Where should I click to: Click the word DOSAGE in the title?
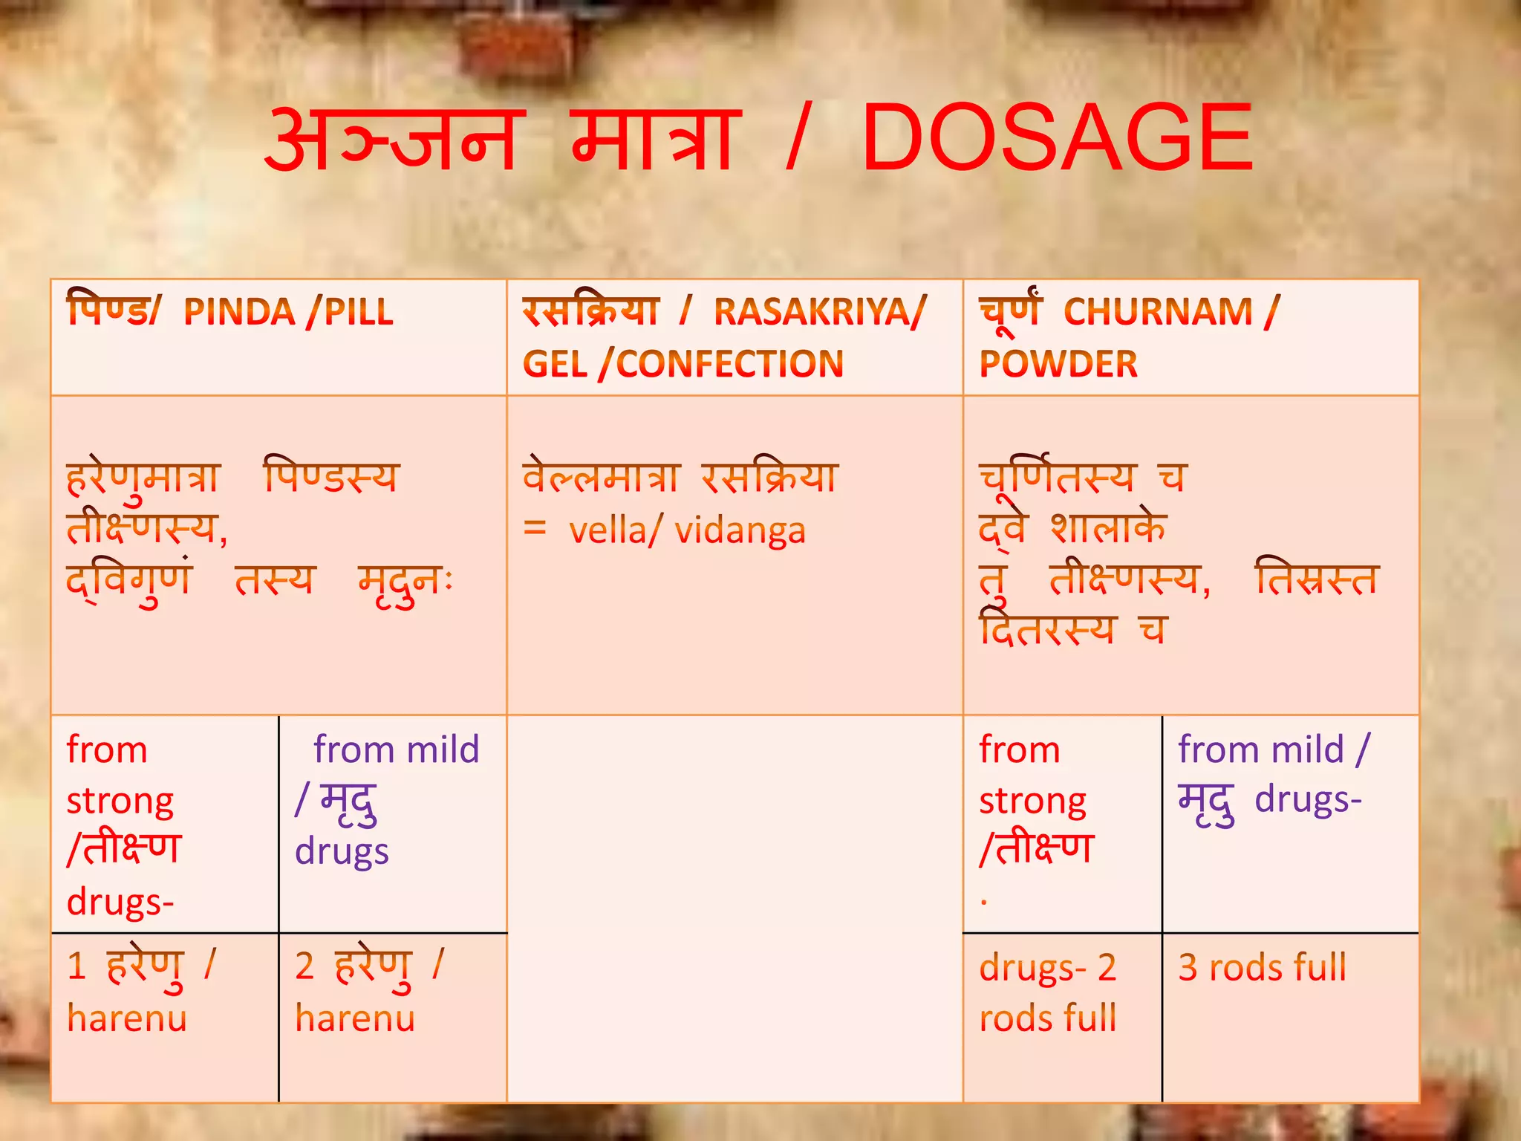[x=1057, y=140]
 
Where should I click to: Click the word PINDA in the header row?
[x=239, y=312]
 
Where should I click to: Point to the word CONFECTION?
[x=730, y=364]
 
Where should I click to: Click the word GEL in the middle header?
[x=555, y=364]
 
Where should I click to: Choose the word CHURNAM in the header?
[x=1158, y=312]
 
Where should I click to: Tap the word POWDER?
[x=1058, y=364]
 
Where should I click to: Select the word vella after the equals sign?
[x=608, y=531]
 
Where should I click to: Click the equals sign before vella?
[x=535, y=529]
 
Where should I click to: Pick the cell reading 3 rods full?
[x=1262, y=968]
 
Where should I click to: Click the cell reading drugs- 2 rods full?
[x=1048, y=992]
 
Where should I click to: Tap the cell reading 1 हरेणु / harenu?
[x=141, y=992]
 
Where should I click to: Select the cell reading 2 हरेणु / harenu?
[x=369, y=992]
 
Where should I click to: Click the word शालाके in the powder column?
[x=1107, y=529]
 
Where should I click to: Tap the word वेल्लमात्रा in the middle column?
[x=600, y=477]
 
